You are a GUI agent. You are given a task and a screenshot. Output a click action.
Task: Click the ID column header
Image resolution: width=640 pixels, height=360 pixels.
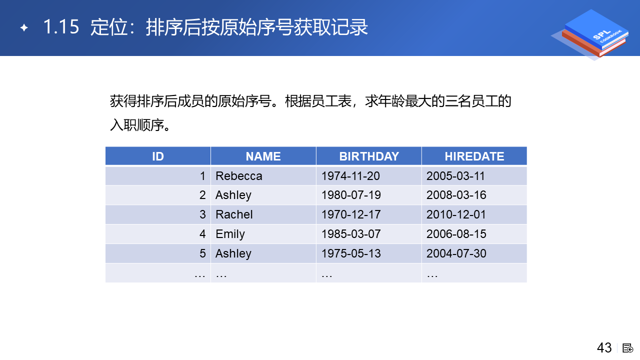click(x=157, y=156)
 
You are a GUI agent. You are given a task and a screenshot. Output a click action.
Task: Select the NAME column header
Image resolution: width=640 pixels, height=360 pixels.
click(x=263, y=156)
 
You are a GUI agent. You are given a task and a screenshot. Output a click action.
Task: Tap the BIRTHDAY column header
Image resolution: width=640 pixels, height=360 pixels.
click(x=369, y=156)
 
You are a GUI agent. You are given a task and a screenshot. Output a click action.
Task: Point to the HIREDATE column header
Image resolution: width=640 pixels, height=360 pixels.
click(x=474, y=156)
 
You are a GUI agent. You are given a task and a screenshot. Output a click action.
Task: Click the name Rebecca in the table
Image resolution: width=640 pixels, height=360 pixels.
click(x=238, y=175)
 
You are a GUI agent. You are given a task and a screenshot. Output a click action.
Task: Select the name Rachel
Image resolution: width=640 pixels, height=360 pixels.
click(x=234, y=214)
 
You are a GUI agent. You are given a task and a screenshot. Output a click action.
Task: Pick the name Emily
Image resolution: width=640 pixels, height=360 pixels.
click(x=230, y=234)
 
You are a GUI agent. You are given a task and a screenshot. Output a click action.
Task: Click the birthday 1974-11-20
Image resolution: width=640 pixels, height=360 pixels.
click(x=350, y=175)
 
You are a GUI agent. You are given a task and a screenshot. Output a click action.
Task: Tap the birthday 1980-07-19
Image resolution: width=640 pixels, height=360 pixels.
click(x=351, y=195)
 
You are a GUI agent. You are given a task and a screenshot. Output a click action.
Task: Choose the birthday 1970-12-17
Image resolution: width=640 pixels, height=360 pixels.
click(x=351, y=214)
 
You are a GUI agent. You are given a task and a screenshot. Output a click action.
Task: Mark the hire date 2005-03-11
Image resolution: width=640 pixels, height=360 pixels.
click(x=455, y=175)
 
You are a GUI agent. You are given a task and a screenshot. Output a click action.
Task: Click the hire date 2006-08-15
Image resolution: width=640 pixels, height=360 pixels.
click(x=456, y=234)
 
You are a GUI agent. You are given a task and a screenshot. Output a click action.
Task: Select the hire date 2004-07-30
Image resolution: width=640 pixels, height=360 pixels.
click(x=456, y=253)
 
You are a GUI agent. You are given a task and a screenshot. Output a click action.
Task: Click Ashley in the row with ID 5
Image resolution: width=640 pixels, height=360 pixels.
click(x=233, y=253)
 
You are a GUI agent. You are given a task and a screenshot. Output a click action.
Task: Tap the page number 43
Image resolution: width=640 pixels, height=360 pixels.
click(x=604, y=347)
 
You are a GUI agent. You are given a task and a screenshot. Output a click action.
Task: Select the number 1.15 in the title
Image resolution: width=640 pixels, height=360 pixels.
click(x=61, y=27)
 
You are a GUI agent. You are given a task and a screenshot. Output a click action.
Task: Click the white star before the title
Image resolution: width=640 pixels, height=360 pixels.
click(x=24, y=27)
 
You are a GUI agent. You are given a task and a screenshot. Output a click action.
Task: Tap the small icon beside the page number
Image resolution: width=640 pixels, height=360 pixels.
click(x=627, y=348)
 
